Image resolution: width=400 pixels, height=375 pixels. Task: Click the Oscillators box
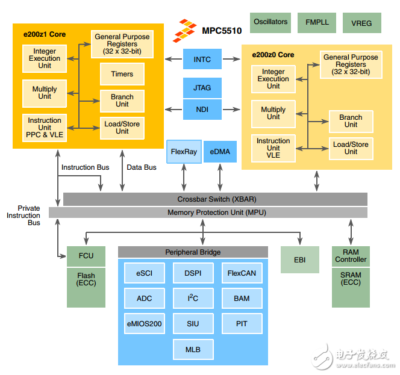coord(270,22)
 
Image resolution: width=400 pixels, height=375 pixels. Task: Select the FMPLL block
coord(317,23)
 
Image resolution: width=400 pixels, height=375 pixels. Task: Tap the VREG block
coord(361,23)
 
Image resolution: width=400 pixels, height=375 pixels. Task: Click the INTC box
coord(202,59)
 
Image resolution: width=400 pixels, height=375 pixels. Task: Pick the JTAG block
coord(202,88)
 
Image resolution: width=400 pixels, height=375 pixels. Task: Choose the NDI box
coord(202,109)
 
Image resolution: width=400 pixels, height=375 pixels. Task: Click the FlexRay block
coord(184,152)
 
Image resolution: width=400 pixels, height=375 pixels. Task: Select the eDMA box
coord(220,152)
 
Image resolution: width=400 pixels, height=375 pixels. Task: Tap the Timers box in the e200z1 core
coord(122,75)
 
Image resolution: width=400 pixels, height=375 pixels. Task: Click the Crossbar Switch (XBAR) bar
coord(215,199)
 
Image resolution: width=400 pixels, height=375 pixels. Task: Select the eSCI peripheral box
coord(144,273)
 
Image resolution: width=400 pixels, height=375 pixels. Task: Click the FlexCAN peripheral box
coord(242,273)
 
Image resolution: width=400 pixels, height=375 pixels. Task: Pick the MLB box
coord(193,349)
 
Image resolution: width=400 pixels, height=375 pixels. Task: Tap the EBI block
coord(299,259)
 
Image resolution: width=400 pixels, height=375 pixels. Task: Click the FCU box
coord(86,256)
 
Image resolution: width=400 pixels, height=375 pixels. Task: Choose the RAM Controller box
coord(351,256)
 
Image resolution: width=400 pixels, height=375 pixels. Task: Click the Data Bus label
coord(142,167)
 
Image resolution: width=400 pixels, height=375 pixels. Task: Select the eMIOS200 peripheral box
coord(144,324)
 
